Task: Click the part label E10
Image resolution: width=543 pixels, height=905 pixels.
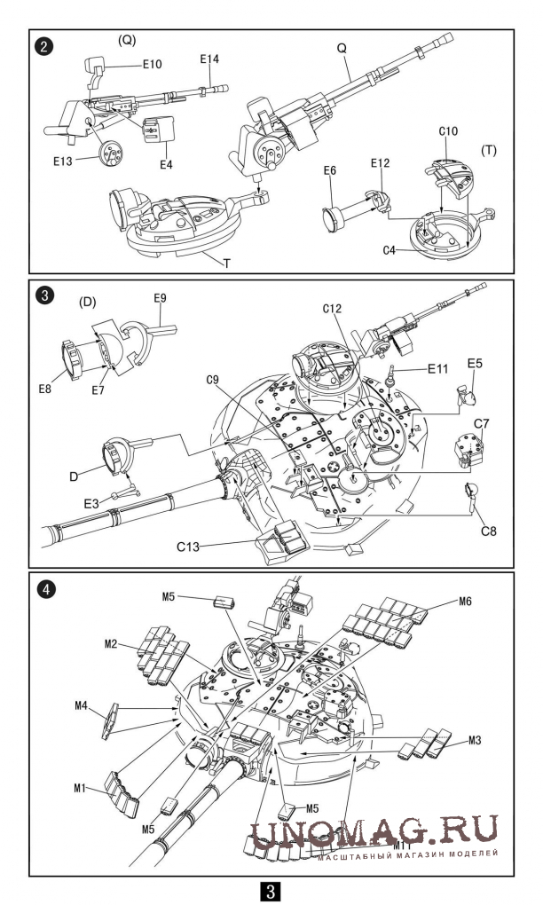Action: click(x=152, y=65)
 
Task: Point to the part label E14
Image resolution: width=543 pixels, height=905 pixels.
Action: click(x=209, y=59)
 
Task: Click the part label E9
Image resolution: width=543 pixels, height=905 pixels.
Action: click(x=160, y=298)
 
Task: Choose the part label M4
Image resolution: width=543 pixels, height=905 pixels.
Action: click(x=80, y=706)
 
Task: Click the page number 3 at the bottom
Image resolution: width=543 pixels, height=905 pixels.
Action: click(x=271, y=888)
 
